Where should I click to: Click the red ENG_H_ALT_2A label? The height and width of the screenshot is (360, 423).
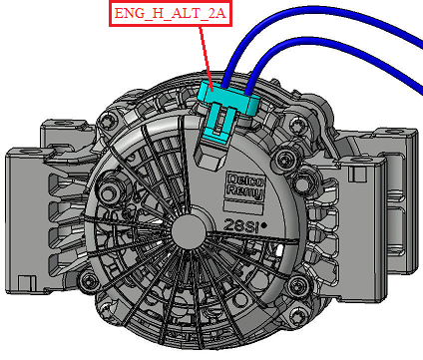171,13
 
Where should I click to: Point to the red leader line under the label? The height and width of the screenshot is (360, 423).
207,58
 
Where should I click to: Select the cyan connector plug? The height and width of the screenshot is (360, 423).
227,110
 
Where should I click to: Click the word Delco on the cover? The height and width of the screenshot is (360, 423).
246,180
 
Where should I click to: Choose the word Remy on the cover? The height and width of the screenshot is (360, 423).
246,191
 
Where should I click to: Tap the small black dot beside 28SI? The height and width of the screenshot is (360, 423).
264,225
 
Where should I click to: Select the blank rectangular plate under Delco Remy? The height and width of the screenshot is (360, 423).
242,206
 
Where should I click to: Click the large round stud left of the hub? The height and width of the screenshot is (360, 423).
108,191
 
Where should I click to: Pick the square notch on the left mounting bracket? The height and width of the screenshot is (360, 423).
25,283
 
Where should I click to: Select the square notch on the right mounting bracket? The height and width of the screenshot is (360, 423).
356,174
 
